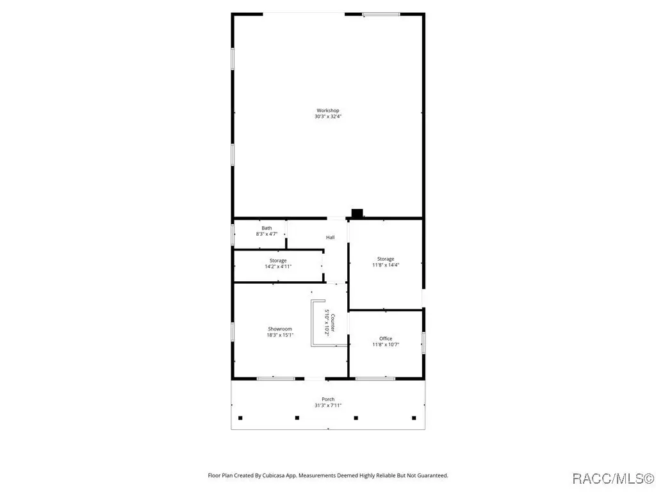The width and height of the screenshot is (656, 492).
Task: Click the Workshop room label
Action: tap(327, 110)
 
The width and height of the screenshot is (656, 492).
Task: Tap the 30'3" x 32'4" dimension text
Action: tap(328, 117)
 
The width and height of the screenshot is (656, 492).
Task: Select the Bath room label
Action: tap(266, 228)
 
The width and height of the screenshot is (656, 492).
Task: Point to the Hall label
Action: tap(330, 237)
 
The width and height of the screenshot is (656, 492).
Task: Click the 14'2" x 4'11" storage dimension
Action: tap(278, 266)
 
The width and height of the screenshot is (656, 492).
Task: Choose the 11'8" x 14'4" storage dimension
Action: tap(386, 265)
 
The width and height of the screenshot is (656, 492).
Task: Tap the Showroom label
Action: tap(280, 329)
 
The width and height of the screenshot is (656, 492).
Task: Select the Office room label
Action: tap(386, 338)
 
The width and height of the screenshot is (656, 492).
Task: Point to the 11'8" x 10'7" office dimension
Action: tap(386, 345)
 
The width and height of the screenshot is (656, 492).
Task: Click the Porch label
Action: tap(328, 399)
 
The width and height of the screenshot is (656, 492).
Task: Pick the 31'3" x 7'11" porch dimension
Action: tap(328, 406)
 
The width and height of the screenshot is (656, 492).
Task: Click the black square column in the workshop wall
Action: tap(357, 213)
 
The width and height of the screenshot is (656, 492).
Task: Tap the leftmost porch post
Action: tap(240, 418)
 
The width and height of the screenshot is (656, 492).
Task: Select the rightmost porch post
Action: tap(414, 418)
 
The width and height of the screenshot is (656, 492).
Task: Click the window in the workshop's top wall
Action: tap(381, 15)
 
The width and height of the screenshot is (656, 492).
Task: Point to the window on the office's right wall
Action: tap(423, 343)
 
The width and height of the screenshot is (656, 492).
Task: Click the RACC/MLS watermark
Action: tap(613, 478)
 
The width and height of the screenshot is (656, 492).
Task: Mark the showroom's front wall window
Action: tap(275, 379)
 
